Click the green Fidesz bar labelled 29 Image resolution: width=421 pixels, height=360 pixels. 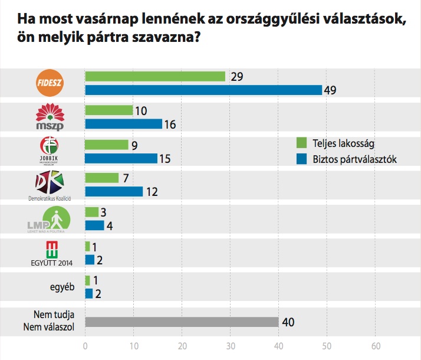click(x=155, y=77)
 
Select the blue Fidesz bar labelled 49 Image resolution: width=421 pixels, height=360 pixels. click(x=203, y=90)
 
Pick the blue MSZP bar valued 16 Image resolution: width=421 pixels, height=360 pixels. click(x=123, y=124)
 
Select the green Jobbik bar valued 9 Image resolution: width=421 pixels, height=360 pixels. click(x=107, y=145)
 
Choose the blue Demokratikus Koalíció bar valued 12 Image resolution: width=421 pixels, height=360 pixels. click(x=114, y=192)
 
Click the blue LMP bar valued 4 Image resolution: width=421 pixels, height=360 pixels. click(x=95, y=225)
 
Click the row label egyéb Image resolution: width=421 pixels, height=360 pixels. click(x=60, y=287)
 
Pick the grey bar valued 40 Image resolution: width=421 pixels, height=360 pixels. click(x=182, y=322)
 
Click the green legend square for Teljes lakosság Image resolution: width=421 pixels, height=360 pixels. click(x=301, y=142)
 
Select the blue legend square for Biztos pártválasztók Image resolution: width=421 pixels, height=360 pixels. click(x=301, y=158)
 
